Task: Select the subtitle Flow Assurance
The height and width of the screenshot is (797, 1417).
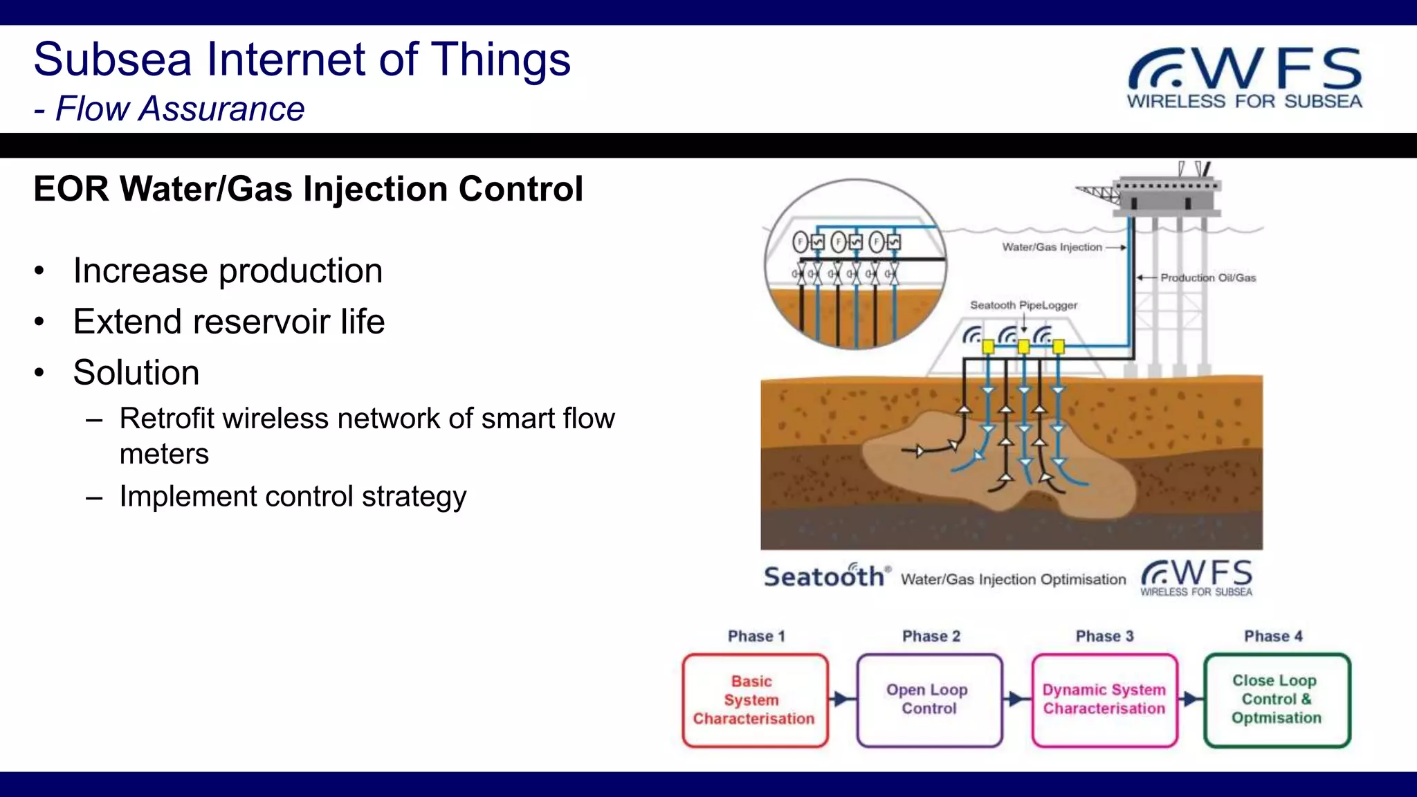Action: coord(179,109)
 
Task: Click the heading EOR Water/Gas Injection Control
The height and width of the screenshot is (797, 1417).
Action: coord(308,189)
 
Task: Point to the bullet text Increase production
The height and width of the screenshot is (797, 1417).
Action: coord(228,271)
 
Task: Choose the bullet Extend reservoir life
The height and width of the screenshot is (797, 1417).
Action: coord(228,322)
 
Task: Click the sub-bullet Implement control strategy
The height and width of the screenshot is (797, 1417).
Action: coord(292,497)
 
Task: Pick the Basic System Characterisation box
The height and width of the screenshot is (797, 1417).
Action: coord(754,700)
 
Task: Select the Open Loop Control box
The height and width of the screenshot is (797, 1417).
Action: coord(929,700)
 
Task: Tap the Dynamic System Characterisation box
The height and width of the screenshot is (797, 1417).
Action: coord(1104,700)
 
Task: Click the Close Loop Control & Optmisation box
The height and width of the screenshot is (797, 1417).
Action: coord(1277,700)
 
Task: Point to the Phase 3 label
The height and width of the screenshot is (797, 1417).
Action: coord(1104,636)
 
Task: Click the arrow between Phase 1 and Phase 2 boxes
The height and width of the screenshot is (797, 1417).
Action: coord(842,699)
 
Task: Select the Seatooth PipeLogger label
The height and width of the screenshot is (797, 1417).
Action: coord(1023,305)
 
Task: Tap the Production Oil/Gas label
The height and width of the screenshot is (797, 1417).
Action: coord(1207,278)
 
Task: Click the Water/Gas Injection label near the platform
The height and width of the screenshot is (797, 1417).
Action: coord(1052,247)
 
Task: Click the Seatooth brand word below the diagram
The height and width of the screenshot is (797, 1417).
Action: coord(823,576)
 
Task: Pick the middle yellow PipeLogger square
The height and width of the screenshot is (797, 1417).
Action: coord(1023,347)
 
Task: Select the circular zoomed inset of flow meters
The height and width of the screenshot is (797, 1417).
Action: coord(855,264)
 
